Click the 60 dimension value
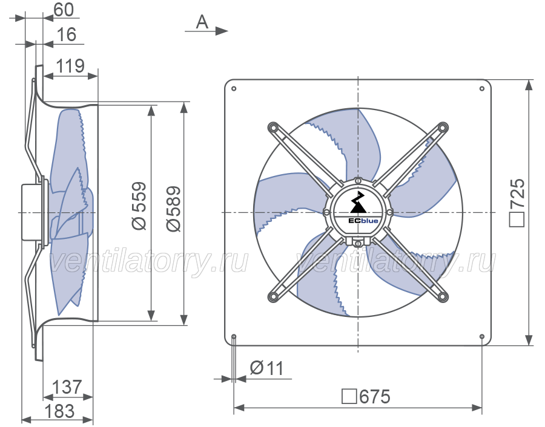click(64, 10)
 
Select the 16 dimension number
click(66, 34)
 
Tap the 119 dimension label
click(70, 66)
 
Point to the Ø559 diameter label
click(139, 206)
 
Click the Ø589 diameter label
click(173, 209)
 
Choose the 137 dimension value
click(67, 387)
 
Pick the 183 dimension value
click(59, 411)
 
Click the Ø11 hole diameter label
click(267, 368)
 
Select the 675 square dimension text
click(366, 396)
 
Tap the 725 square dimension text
click(517, 203)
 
